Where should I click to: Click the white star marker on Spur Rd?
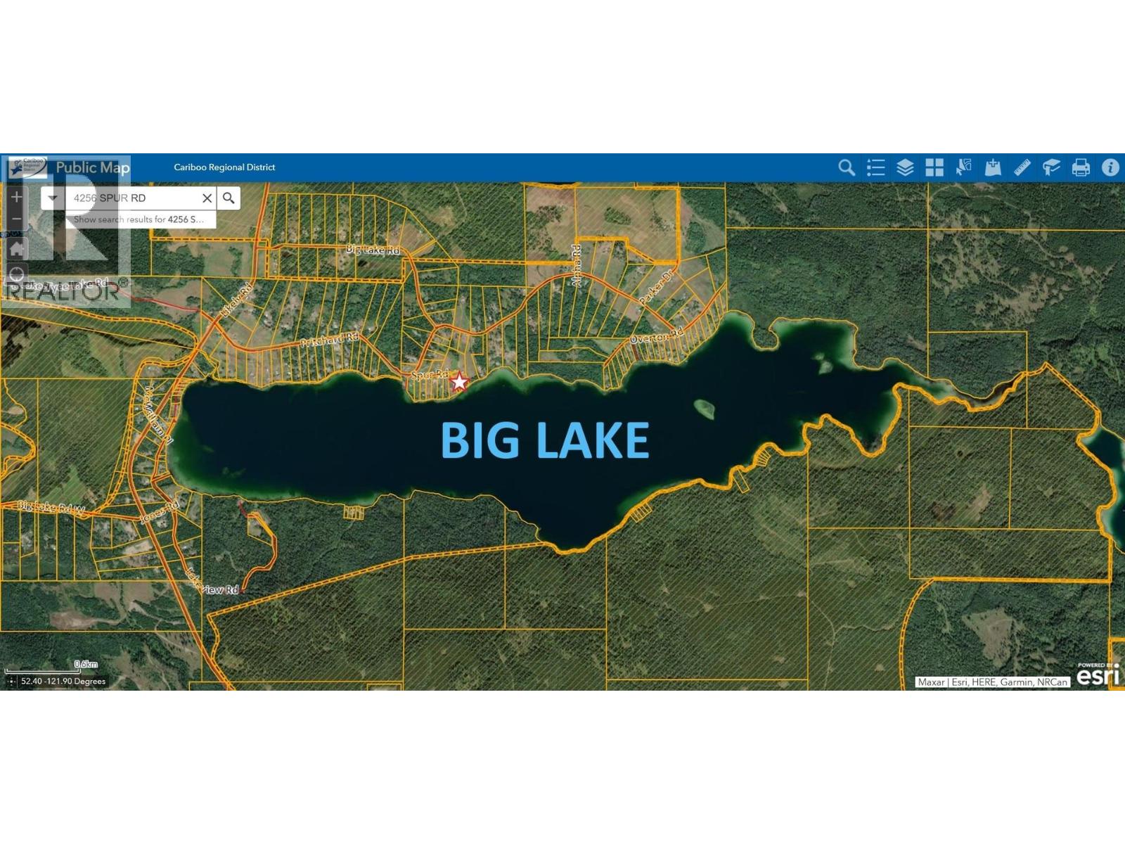coord(459,382)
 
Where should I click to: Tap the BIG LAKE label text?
coord(544,440)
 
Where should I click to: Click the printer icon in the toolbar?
coord(1081,167)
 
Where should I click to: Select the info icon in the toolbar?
coord(1110,167)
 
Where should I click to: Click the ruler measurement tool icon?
coord(1022,167)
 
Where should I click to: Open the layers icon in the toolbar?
coord(905,167)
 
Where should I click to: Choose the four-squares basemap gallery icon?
coord(934,167)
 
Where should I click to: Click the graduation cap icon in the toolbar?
coord(1051,167)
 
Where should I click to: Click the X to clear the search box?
coord(207,198)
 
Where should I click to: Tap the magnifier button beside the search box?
coord(229,198)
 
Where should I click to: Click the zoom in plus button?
coord(17,197)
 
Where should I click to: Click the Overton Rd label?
coord(656,338)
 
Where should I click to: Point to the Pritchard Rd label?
coord(329,340)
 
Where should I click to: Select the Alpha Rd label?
coord(577,266)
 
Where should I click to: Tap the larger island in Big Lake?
coord(704,408)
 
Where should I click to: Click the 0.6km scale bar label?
coord(86,664)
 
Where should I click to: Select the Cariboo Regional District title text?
coord(224,167)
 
